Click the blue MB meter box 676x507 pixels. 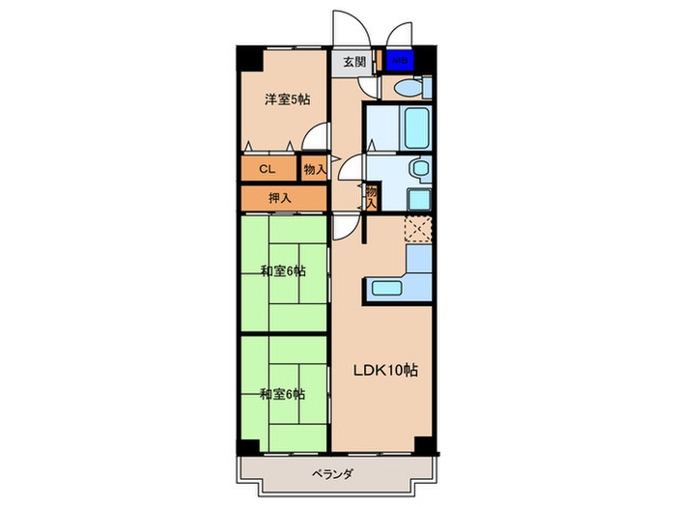[400, 62]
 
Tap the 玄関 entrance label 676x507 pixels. [354, 62]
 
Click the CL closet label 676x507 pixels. [267, 169]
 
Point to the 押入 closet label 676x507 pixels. [281, 198]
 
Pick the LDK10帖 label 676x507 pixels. [383, 370]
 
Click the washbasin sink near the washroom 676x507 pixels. [420, 169]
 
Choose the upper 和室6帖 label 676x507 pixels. [282, 271]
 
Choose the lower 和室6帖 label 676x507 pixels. [282, 394]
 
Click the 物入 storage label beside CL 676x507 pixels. [314, 169]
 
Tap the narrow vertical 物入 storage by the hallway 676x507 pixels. [371, 197]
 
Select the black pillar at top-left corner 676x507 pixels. [250, 57]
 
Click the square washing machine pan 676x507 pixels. [419, 199]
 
